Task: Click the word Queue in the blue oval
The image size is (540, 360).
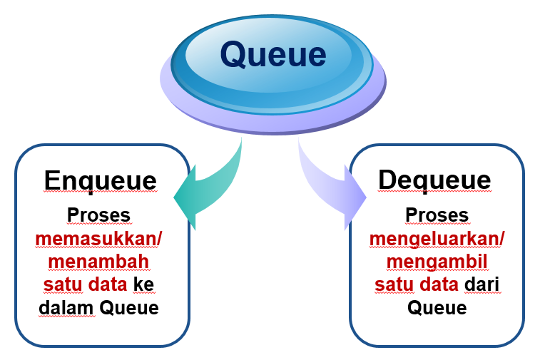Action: click(x=272, y=54)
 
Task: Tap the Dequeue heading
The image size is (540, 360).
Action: click(x=434, y=179)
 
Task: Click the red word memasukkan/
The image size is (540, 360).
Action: click(x=98, y=239)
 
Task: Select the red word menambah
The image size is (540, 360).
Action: click(x=98, y=262)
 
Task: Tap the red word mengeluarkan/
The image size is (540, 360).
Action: click(x=437, y=239)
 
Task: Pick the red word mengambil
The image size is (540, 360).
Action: click(x=437, y=262)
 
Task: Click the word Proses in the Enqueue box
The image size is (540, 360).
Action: click(x=98, y=215)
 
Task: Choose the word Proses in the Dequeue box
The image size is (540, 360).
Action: click(x=437, y=215)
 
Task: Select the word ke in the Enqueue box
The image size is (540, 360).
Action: click(x=144, y=284)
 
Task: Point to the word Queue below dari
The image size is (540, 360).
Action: click(x=437, y=308)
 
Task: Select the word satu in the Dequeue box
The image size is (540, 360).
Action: click(x=391, y=284)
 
